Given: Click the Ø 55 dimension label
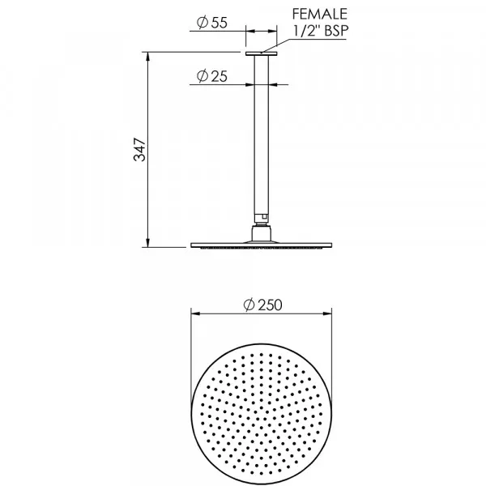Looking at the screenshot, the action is [x=212, y=23].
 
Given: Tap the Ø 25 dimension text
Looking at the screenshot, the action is [x=212, y=76].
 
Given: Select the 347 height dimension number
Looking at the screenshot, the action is [x=139, y=150].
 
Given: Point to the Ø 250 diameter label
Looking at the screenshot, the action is [x=262, y=305].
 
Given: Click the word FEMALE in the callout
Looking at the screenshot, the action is [x=320, y=14].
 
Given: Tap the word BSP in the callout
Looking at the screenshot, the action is [x=336, y=31].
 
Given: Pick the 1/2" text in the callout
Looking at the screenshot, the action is [x=306, y=31].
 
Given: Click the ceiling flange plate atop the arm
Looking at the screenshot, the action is [x=262, y=54].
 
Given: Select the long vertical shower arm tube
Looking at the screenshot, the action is [x=262, y=135].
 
